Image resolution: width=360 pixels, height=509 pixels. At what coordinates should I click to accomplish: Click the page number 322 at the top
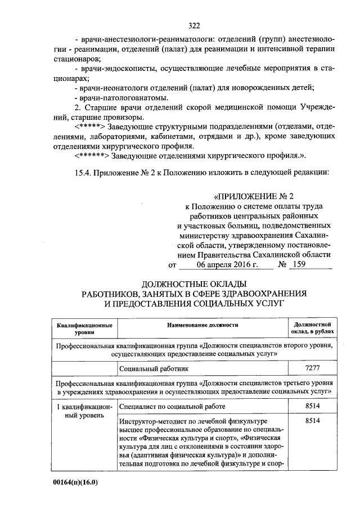(x=194, y=25)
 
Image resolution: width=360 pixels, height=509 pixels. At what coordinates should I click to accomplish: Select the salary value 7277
(x=312, y=368)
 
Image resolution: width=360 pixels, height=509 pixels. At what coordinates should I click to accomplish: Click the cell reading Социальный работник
(x=154, y=368)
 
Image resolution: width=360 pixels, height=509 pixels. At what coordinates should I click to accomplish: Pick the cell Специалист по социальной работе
(x=172, y=406)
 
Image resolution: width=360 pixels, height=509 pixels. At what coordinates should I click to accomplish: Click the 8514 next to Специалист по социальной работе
(x=312, y=406)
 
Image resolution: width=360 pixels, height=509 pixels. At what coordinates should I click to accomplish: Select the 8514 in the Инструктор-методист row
(x=312, y=421)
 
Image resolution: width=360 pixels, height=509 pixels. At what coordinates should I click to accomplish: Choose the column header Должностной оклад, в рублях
(x=312, y=328)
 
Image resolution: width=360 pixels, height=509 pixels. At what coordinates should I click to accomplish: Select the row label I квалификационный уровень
(x=84, y=411)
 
